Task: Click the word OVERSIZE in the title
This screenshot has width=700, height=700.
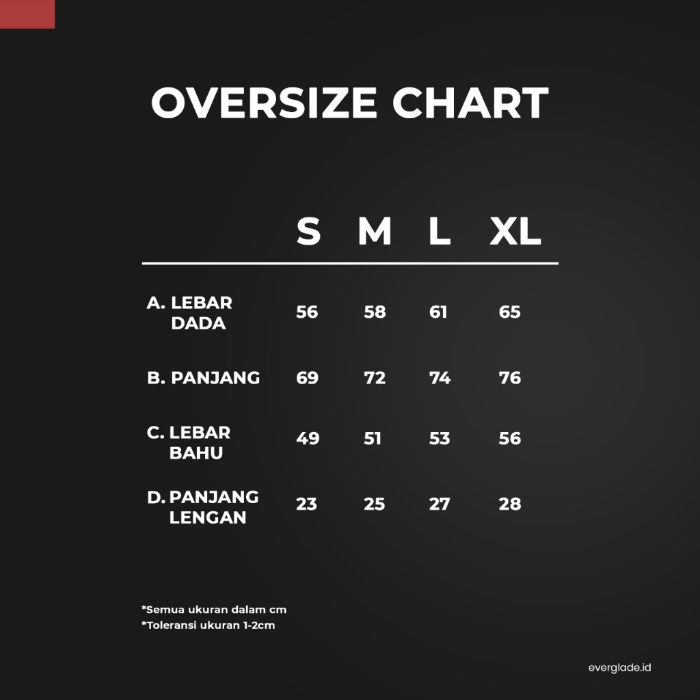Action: tap(265, 103)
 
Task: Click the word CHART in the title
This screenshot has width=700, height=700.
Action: tap(470, 103)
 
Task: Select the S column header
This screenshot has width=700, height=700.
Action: tap(308, 231)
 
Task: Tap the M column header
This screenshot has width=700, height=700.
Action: tap(375, 231)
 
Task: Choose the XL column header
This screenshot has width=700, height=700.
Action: tap(515, 231)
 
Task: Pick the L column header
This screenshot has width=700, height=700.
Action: tap(440, 231)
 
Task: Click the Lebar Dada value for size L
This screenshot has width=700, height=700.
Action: tap(438, 312)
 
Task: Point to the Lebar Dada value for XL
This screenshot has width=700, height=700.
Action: tap(509, 312)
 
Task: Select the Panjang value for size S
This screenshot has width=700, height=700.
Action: tap(307, 378)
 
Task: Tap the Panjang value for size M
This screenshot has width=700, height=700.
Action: tap(375, 378)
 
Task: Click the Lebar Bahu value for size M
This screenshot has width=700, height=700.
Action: tap(373, 438)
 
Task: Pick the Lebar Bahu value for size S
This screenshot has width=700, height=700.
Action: tap(308, 438)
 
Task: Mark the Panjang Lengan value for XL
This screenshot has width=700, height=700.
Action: tap(510, 504)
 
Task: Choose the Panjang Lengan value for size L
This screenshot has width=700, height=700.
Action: tap(440, 504)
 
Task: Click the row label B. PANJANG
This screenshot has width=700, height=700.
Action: tap(203, 378)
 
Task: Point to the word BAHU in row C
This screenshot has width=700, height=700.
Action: tap(196, 453)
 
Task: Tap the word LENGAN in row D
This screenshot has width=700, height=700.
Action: tap(208, 517)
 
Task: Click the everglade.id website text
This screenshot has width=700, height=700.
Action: tap(619, 668)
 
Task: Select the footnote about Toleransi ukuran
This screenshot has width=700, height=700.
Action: tap(208, 625)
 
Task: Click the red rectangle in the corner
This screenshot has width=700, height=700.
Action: tap(27, 14)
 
